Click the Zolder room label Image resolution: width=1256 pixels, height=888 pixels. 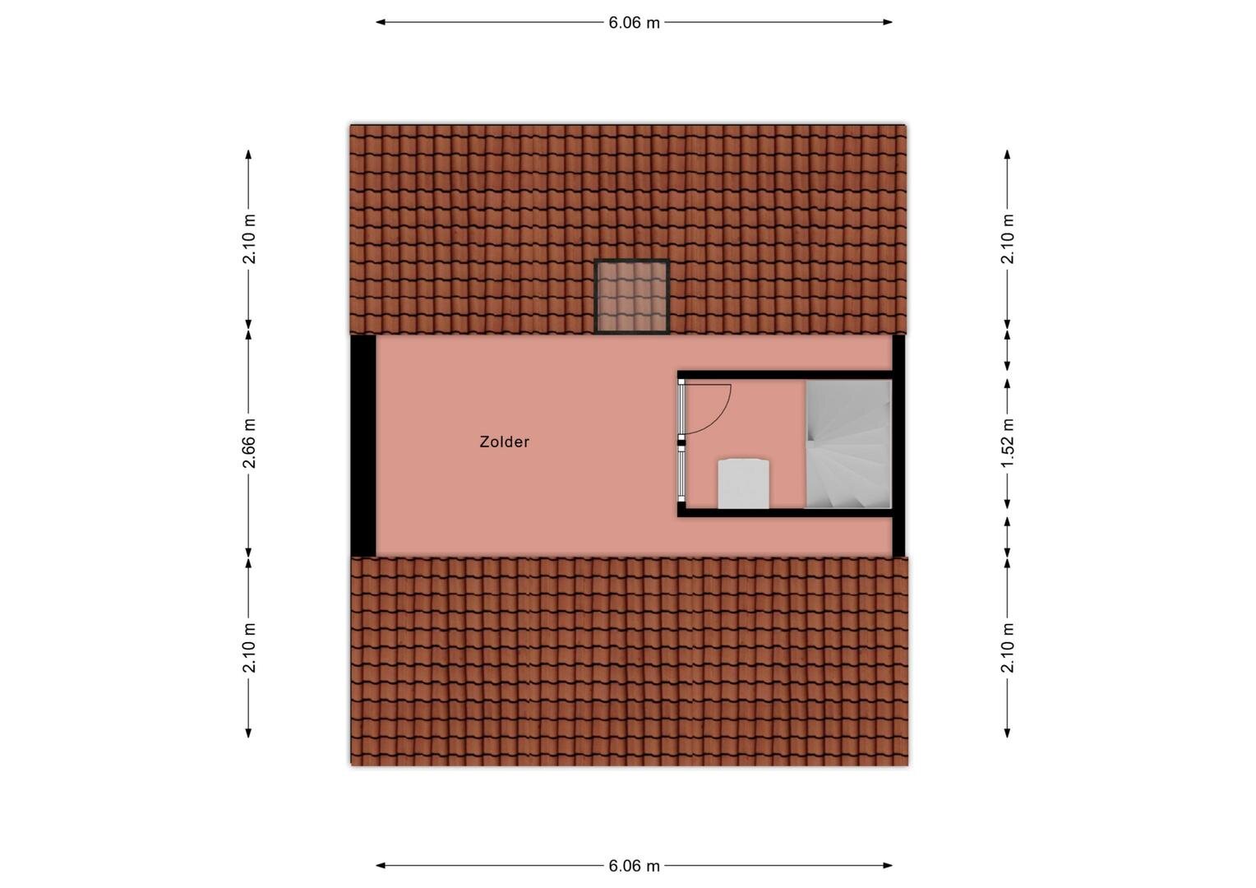504,442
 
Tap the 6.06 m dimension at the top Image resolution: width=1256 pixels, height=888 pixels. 635,23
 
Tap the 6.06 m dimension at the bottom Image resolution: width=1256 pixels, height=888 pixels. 635,866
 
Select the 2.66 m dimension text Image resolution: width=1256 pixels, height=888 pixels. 250,443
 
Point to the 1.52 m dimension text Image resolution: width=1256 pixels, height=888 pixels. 1008,443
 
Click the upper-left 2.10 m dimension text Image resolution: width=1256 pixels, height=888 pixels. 250,238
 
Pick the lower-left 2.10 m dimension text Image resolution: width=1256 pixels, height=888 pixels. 250,647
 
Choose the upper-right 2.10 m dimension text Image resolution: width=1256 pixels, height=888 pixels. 1008,238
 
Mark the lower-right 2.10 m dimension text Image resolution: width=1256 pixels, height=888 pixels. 1008,647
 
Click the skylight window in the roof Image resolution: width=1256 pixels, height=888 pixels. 632,297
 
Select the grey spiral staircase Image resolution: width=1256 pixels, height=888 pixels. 848,444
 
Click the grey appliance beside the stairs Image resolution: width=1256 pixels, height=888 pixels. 744,483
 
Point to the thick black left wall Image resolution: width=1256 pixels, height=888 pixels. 363,446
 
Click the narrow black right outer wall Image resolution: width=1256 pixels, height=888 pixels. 898,446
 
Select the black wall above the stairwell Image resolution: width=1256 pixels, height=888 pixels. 784,375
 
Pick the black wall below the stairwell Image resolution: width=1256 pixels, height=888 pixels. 784,513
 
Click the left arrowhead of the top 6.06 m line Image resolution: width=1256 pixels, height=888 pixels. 380,22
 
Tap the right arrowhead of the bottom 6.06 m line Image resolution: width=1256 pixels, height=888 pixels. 888,866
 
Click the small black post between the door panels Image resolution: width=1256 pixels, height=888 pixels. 681,443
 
